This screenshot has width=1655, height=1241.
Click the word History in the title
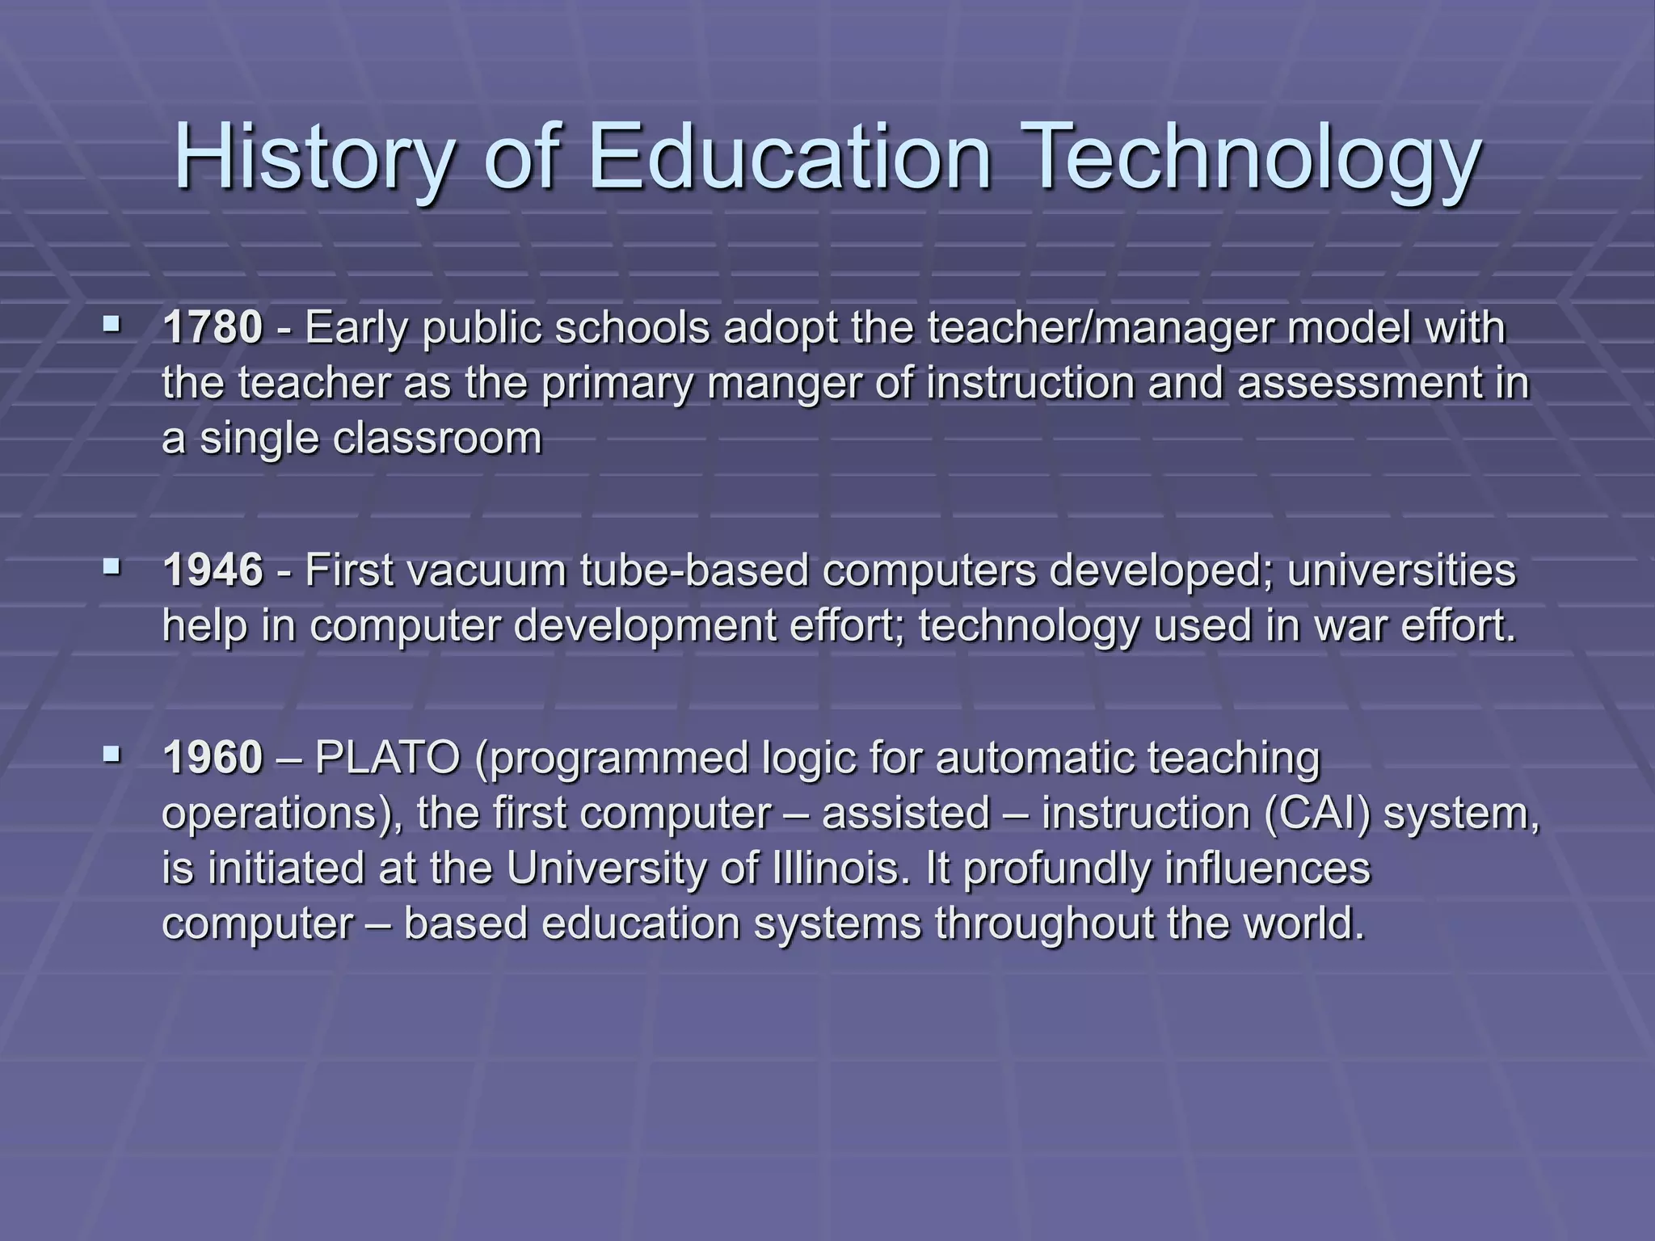pyautogui.click(x=312, y=158)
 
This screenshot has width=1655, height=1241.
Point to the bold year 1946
pyautogui.click(x=213, y=570)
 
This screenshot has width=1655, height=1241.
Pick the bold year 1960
pyautogui.click(x=213, y=758)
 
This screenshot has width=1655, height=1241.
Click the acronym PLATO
pyautogui.click(x=388, y=758)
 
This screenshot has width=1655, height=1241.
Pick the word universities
pyautogui.click(x=1401, y=570)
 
